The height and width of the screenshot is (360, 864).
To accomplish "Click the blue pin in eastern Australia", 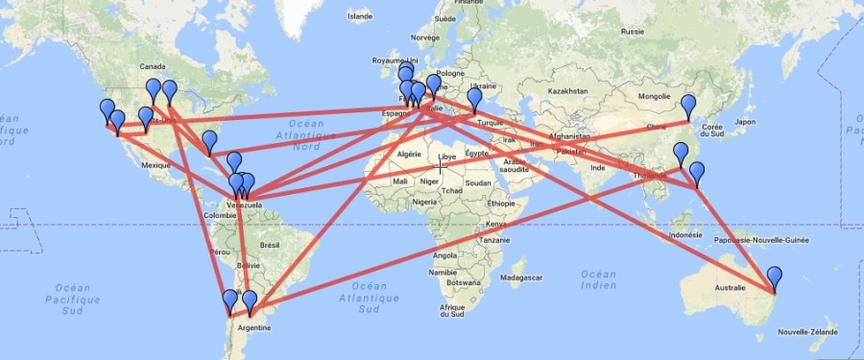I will pos(775,277).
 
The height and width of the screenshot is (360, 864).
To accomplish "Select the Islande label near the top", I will pos(360,16).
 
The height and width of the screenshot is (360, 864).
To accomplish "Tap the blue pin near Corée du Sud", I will pos(687,107).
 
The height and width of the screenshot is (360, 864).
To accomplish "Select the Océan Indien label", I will pos(598,279).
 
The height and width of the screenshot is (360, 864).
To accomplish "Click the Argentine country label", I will pos(253,327).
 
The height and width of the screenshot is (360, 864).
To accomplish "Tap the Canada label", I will pos(153,66).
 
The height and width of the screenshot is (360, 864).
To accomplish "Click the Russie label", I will pos(632,32).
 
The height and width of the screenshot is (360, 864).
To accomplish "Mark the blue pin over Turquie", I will pos(474,99).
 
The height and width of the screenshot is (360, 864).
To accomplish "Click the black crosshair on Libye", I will pos(441,167).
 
